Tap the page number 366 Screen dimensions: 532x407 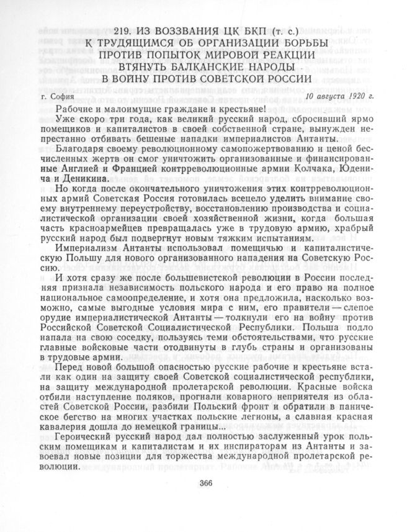[x=207, y=485]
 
